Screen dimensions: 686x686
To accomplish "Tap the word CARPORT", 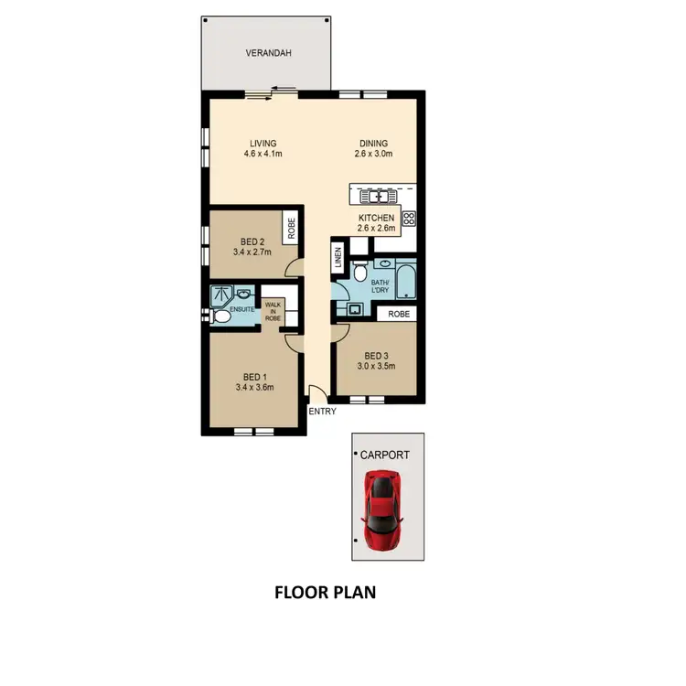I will tap(385, 454).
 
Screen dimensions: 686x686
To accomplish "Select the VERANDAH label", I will tap(269, 54).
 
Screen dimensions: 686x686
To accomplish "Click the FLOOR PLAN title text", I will tap(326, 592).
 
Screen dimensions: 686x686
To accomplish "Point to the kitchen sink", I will tap(376, 195).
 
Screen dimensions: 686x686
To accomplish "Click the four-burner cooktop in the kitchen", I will tap(409, 219).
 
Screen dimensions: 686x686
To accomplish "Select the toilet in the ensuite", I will tap(220, 317).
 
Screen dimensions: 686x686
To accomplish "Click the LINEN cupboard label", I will tap(338, 258).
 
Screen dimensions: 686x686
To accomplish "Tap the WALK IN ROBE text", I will tap(273, 311).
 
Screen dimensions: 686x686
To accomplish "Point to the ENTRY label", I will tap(322, 412).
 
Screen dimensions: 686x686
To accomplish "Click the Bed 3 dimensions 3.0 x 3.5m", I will tap(377, 368).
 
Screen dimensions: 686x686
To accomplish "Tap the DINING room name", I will tap(374, 143).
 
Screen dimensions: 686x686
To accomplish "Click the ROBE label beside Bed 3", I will tap(399, 314).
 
